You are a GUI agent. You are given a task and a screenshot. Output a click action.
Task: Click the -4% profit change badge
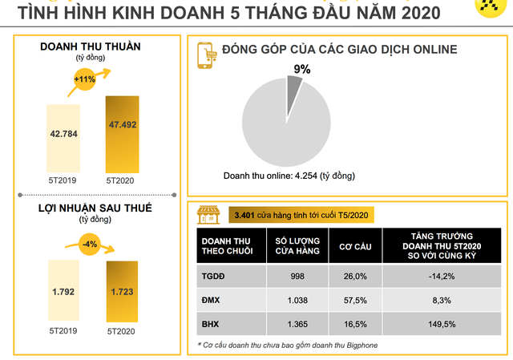click(91, 243)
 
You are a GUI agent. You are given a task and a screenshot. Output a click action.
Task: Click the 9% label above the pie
click(301, 70)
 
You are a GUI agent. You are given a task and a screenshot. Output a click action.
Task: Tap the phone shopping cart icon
click(209, 54)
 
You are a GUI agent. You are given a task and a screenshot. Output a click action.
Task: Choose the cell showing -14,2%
click(442, 276)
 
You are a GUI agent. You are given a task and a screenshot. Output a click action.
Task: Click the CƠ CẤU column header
click(356, 245)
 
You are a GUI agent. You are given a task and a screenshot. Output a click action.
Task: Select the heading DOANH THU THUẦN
click(91, 47)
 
